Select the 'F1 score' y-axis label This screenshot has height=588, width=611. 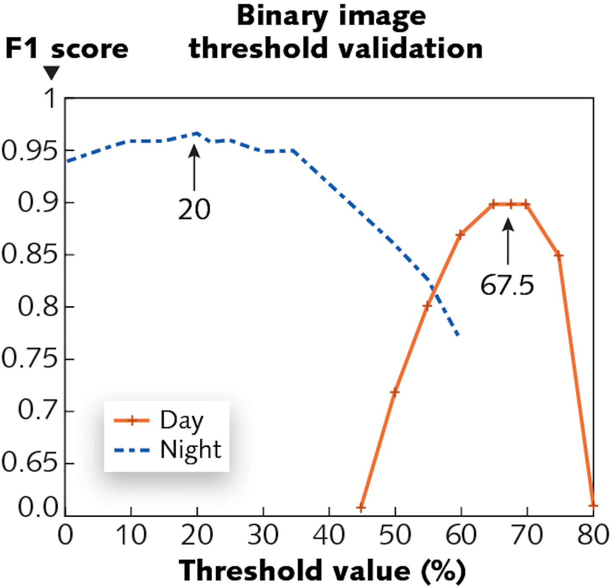[67, 49]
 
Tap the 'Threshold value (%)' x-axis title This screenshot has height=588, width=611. [322, 570]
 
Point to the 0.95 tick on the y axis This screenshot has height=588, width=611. [30, 151]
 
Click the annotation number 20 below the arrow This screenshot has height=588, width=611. [194, 210]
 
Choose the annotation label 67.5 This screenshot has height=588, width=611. [507, 285]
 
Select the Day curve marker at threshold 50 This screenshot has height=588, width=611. [395, 392]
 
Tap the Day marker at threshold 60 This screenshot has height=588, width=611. [461, 234]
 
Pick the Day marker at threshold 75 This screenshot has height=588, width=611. [558, 255]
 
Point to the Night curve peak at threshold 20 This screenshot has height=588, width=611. [197, 133]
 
